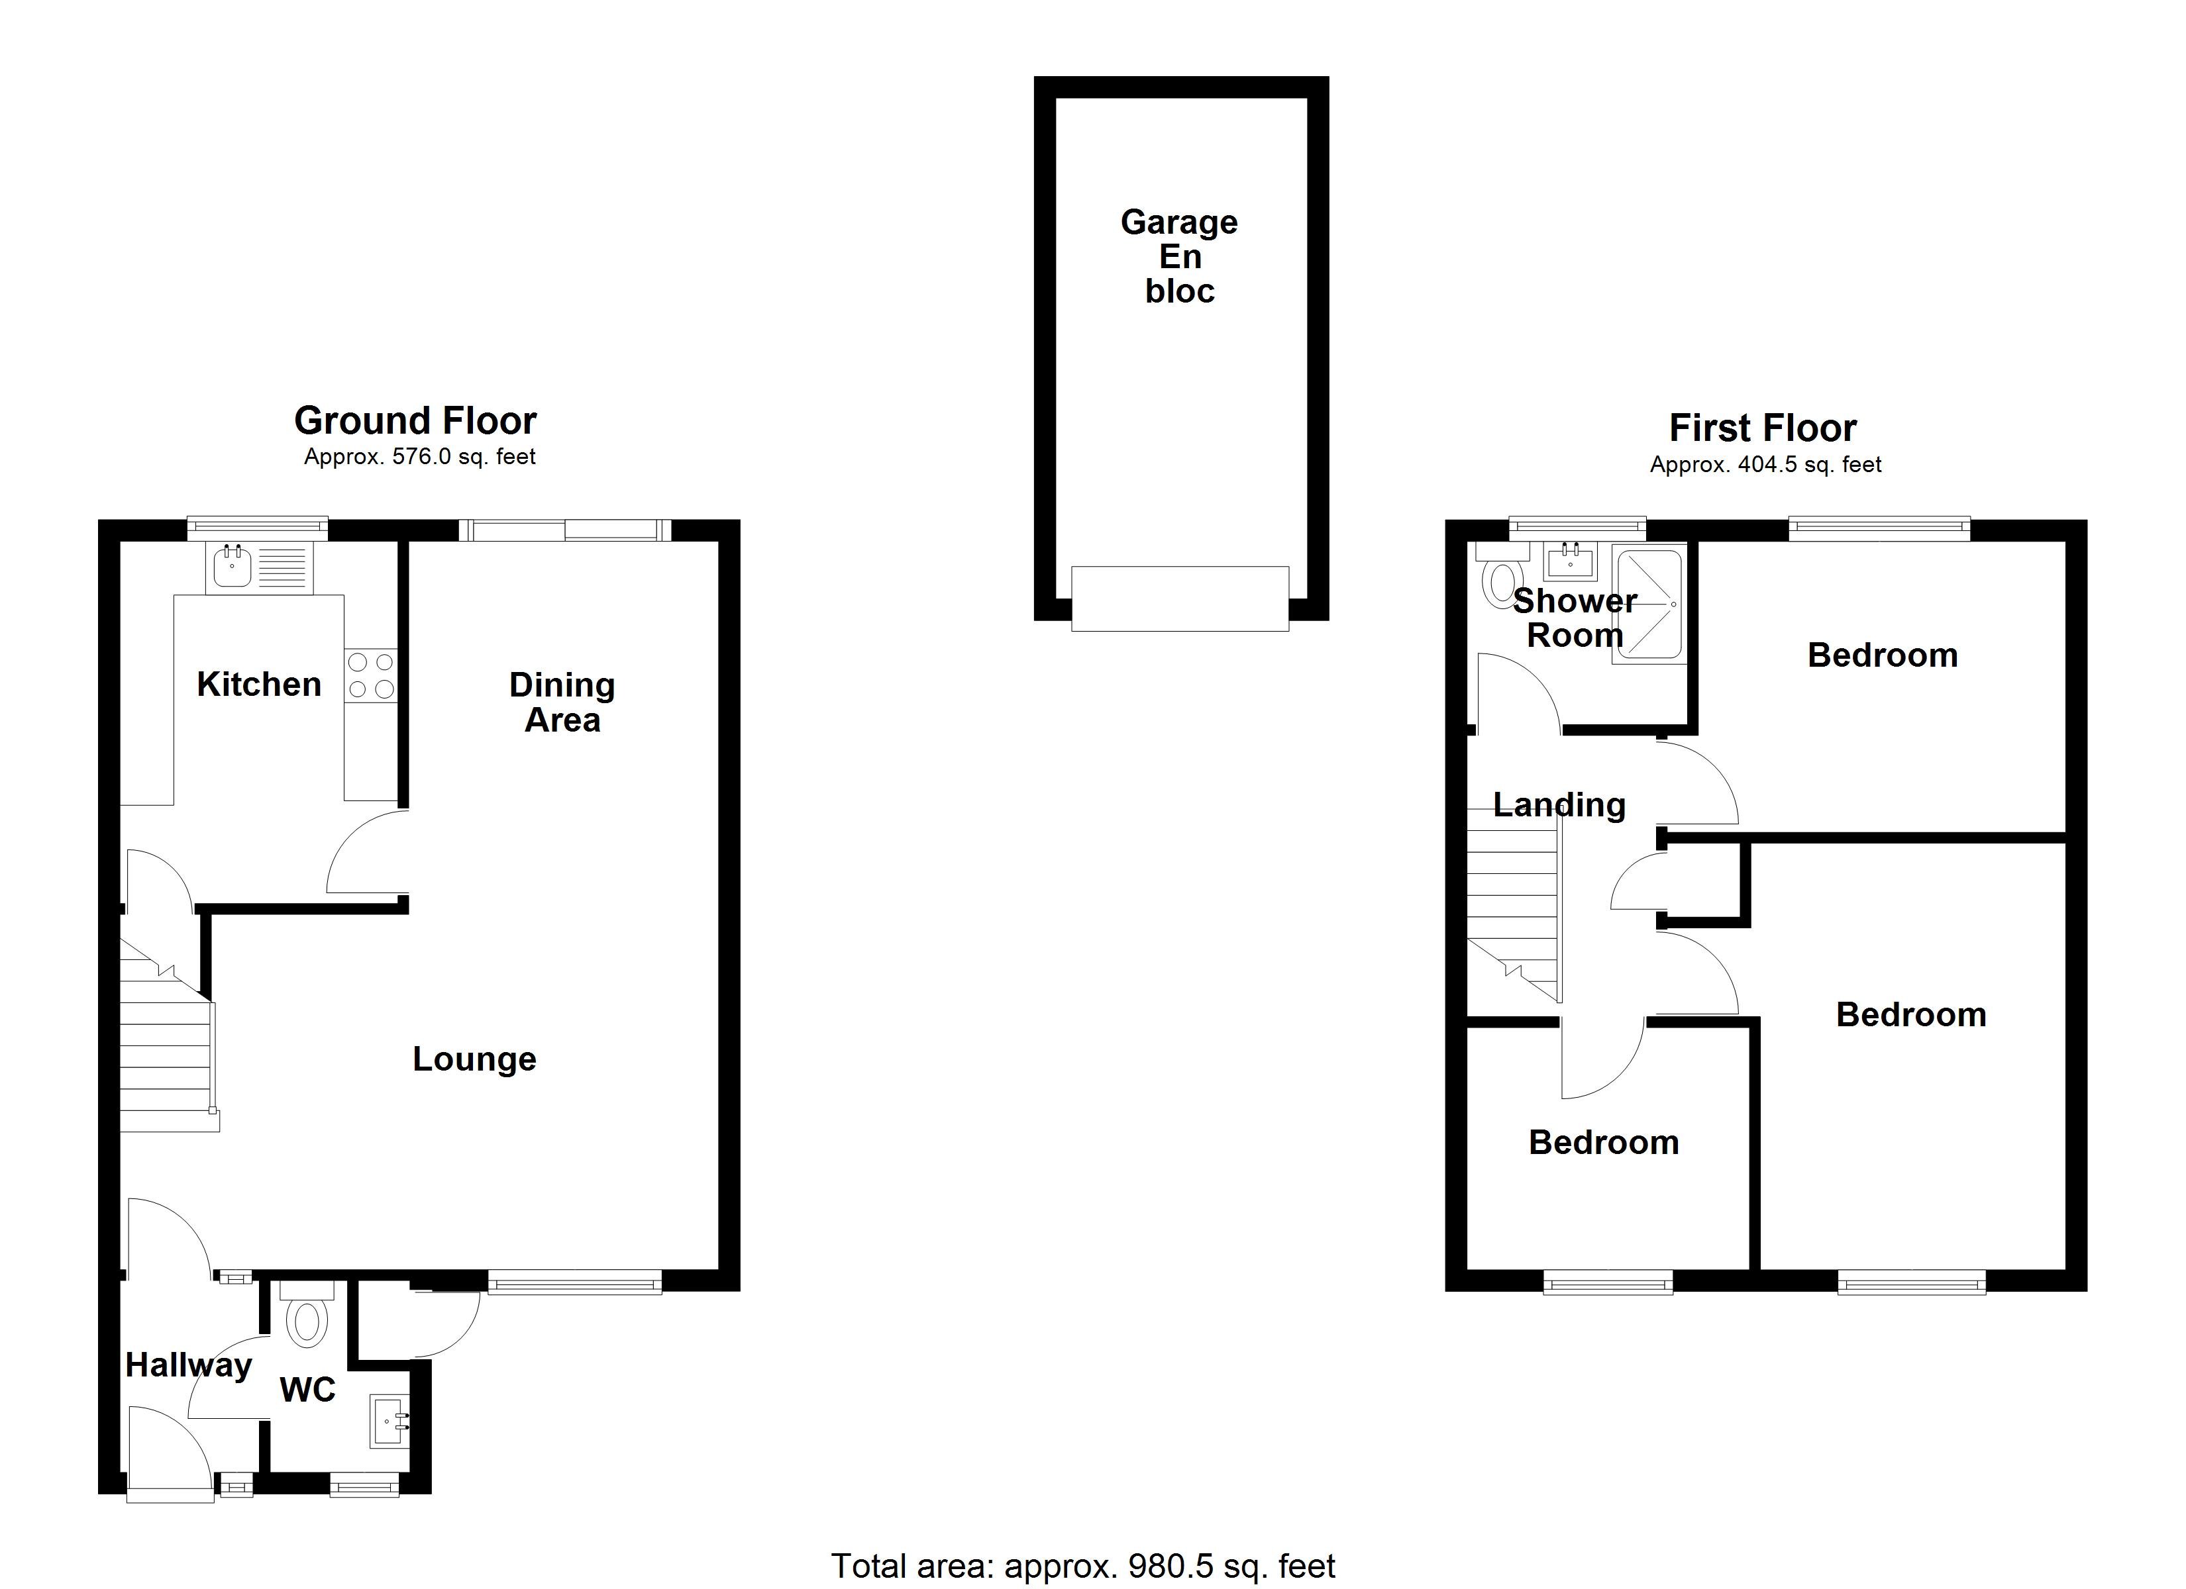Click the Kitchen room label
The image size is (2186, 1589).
click(x=258, y=684)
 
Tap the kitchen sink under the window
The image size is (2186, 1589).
click(x=233, y=567)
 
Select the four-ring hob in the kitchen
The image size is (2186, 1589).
click(x=370, y=675)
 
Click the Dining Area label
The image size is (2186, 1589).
click(x=562, y=702)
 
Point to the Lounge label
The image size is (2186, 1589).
click(x=474, y=1059)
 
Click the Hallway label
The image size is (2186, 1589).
click(x=188, y=1365)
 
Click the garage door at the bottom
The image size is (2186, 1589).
click(x=1180, y=599)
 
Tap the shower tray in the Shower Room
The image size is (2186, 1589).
click(x=1649, y=604)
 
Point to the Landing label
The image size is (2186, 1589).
click(x=1559, y=804)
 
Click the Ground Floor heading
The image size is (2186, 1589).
click(x=415, y=421)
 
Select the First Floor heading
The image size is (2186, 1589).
click(x=1762, y=428)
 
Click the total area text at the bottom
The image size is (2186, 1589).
click(x=1082, y=1566)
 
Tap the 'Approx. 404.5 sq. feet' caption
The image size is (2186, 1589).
click(x=1765, y=465)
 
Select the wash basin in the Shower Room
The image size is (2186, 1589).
click(x=1570, y=560)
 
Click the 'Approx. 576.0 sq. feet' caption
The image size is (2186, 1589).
click(x=419, y=457)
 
